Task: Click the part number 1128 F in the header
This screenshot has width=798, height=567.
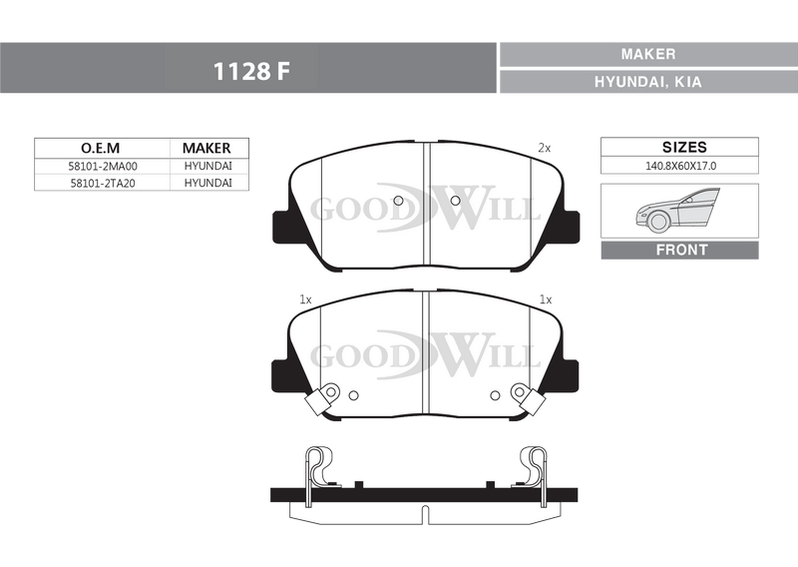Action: point(251,71)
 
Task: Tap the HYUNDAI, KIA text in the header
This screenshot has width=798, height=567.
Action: point(647,82)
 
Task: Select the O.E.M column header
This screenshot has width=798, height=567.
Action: point(101,148)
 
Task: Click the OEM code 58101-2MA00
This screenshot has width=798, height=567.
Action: point(103,166)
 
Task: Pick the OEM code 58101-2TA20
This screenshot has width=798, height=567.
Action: point(103,183)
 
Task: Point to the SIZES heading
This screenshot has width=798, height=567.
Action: point(684,147)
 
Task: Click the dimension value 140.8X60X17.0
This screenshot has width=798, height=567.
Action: point(681,166)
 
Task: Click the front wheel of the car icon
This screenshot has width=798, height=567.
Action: point(658,222)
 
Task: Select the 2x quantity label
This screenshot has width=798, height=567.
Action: point(545,149)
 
